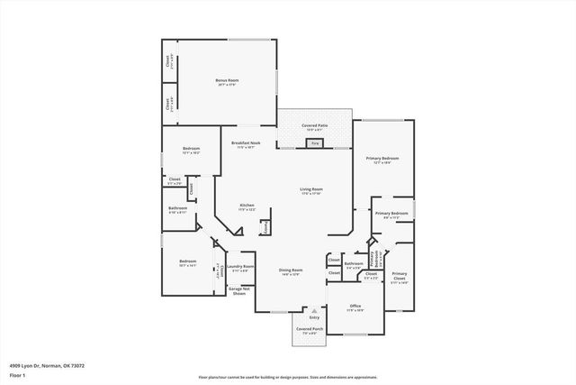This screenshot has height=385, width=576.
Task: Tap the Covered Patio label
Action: (314, 127)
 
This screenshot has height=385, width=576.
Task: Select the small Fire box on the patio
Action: (314, 142)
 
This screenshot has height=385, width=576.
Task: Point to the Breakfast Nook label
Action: (245, 143)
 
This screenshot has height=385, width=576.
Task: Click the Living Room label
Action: (311, 189)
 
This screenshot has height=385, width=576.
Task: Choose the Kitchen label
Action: (247, 206)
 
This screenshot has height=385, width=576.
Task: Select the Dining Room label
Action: (290, 270)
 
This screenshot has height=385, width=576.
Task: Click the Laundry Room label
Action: (239, 267)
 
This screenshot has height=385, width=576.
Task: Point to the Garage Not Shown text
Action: (239, 291)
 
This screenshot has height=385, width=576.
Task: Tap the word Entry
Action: (314, 317)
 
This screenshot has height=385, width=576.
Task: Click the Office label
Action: (355, 307)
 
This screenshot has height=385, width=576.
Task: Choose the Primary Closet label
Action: (399, 276)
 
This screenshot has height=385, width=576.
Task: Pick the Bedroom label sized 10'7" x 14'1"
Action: (187, 261)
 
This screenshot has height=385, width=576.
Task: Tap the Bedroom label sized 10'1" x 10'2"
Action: (191, 149)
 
